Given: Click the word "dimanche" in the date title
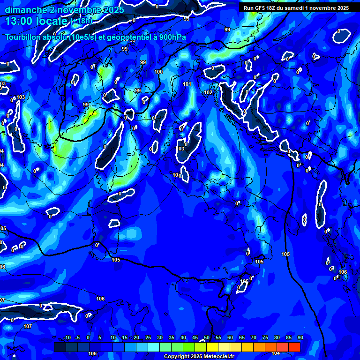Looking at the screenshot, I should pos(23,10).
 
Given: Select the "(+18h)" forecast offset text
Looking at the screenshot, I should pos(81,21).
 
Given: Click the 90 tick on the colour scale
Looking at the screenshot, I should pos(300,337).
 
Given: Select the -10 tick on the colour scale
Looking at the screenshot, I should pos(67,337).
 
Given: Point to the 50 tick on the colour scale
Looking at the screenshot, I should pos(207,337).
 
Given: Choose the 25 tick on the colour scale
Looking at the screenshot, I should pos(148,337).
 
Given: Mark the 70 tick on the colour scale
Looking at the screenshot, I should pos(254,337).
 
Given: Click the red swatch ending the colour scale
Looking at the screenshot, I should pos(294,347).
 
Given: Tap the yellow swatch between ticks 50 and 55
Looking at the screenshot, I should pos(212,347).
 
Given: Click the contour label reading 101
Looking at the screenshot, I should pos(187,84).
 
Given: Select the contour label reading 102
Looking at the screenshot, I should pos(208,92).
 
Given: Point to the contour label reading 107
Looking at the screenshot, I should pos(28,326).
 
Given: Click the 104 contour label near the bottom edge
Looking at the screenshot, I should pos(276,353).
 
